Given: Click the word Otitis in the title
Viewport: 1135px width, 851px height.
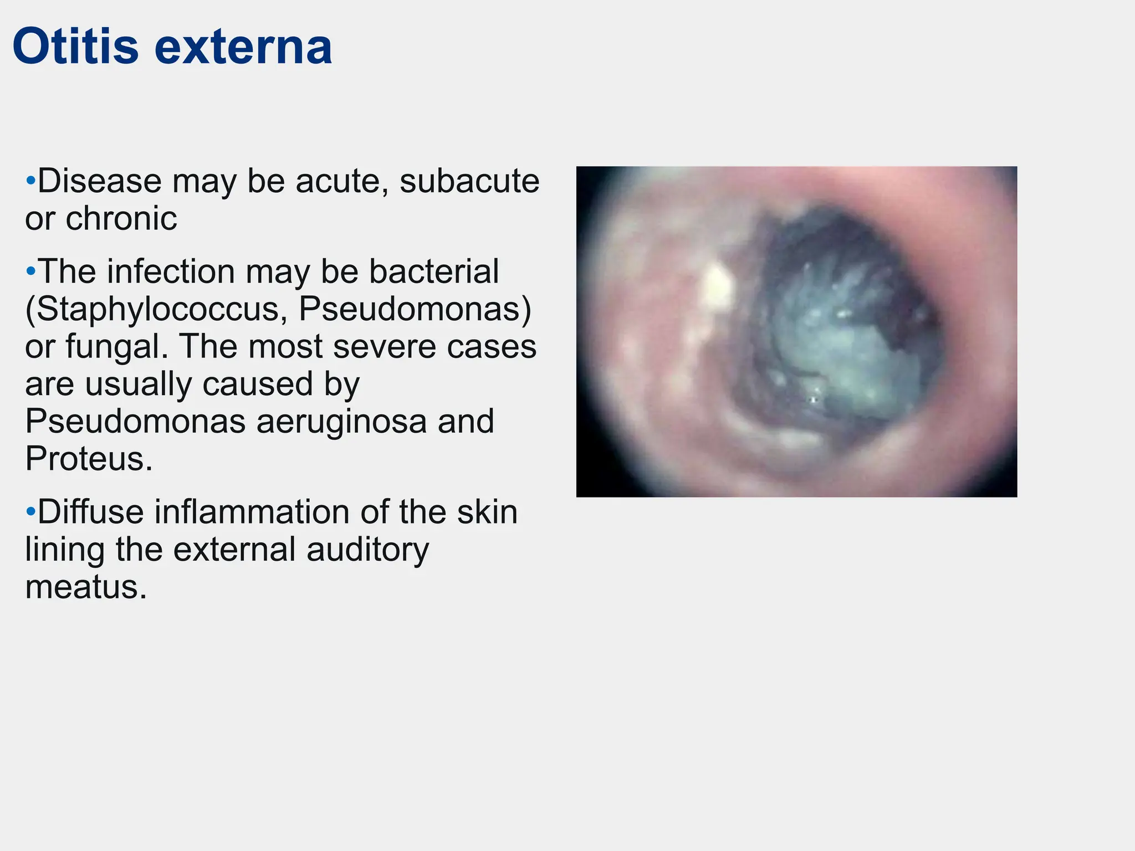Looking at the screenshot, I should (x=75, y=47).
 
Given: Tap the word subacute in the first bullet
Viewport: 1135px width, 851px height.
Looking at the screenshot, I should (x=469, y=181).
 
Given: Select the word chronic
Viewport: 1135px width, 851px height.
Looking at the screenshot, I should (x=121, y=218).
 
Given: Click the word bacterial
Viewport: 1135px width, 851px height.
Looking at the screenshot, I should (x=433, y=271).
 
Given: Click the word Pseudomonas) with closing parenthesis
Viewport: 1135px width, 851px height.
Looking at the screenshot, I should (x=415, y=309).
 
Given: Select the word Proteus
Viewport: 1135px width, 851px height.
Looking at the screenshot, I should (x=88, y=458).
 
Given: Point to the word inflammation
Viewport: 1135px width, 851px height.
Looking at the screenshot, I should (x=253, y=511).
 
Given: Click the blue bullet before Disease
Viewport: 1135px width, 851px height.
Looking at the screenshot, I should (x=31, y=181).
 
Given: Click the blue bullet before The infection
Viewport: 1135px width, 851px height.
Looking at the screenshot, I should (x=31, y=271).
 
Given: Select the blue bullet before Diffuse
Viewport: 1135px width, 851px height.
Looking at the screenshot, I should (x=31, y=511).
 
